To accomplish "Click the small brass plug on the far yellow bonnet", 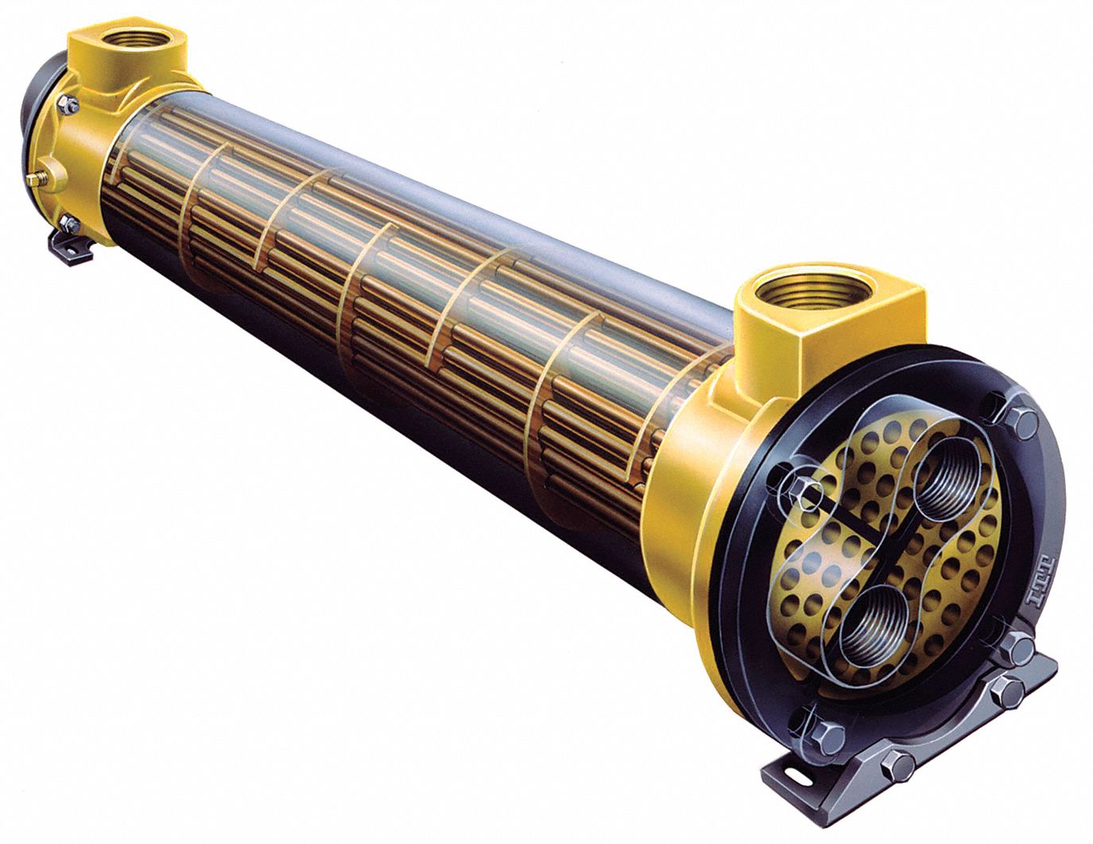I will pos(34,180).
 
